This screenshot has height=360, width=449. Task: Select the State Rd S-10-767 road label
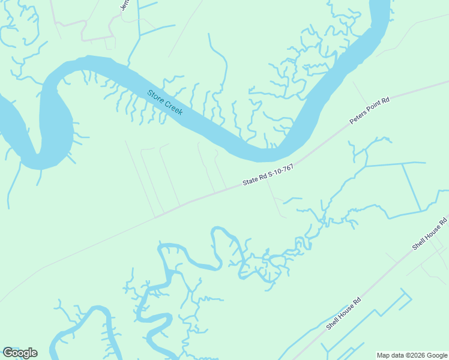tap(268, 176)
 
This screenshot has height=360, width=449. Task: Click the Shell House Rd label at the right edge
tap(430, 234)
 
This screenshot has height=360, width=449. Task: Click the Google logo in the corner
tap(20, 353)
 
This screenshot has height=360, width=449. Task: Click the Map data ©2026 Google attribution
tap(412, 355)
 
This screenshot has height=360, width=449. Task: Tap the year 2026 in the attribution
tap(417, 355)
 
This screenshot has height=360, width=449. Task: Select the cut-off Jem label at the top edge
tap(125, 4)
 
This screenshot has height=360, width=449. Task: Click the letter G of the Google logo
tap(7, 353)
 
